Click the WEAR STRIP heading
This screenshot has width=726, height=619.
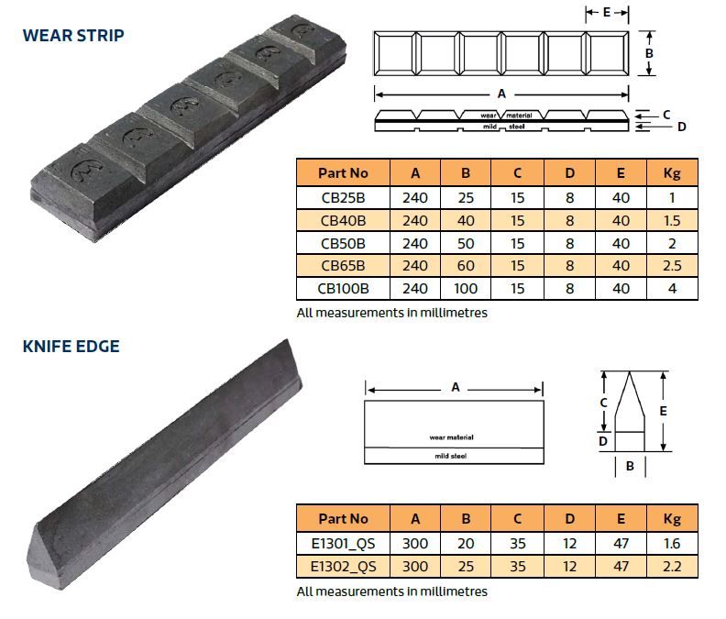tap(73, 35)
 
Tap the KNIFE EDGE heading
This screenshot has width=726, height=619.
tap(71, 346)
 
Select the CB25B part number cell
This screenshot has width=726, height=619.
tap(343, 198)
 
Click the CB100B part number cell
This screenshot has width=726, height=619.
tap(343, 289)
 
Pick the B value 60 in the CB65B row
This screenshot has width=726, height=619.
tap(466, 266)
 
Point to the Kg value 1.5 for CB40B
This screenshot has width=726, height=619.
tap(672, 220)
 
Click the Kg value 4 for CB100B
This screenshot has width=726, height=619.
tap(672, 289)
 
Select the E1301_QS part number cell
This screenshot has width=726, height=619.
tap(343, 544)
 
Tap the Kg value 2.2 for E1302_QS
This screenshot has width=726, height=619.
tap(672, 566)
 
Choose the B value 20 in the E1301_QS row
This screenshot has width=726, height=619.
tap(466, 544)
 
